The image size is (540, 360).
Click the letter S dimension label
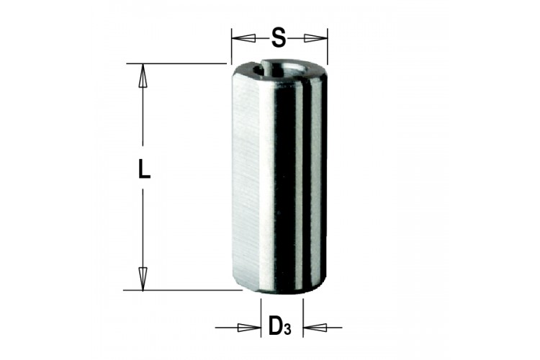point(278,37)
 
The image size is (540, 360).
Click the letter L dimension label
point(144,168)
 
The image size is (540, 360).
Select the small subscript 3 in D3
point(287,329)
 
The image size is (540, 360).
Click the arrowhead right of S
point(315,38)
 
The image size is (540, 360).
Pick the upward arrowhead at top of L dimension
point(143,76)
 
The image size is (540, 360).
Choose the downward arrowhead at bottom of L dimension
point(143,279)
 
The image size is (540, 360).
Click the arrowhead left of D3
point(249,328)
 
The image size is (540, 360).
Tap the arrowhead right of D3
point(315,328)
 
